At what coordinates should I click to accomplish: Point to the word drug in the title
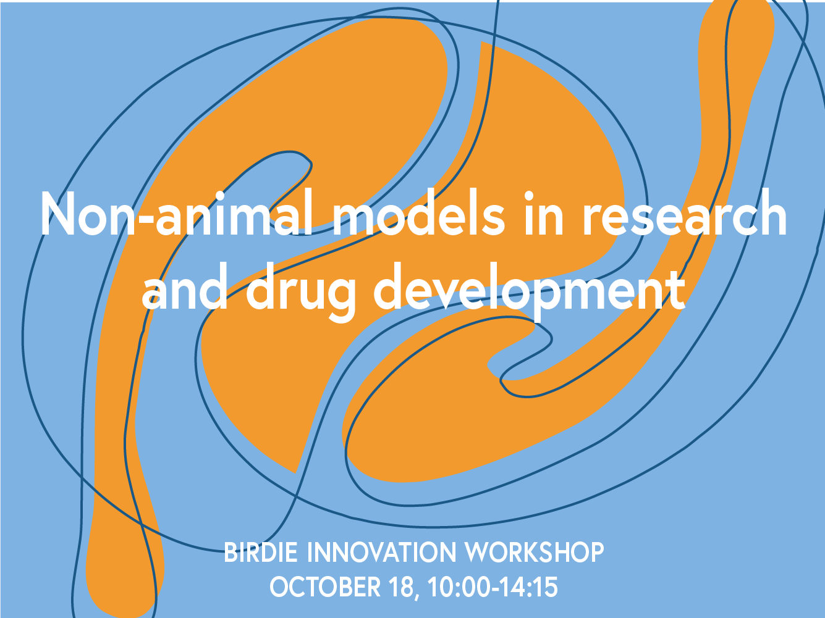coord(302,290)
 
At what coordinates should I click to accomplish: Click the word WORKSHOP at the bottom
coord(534,552)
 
